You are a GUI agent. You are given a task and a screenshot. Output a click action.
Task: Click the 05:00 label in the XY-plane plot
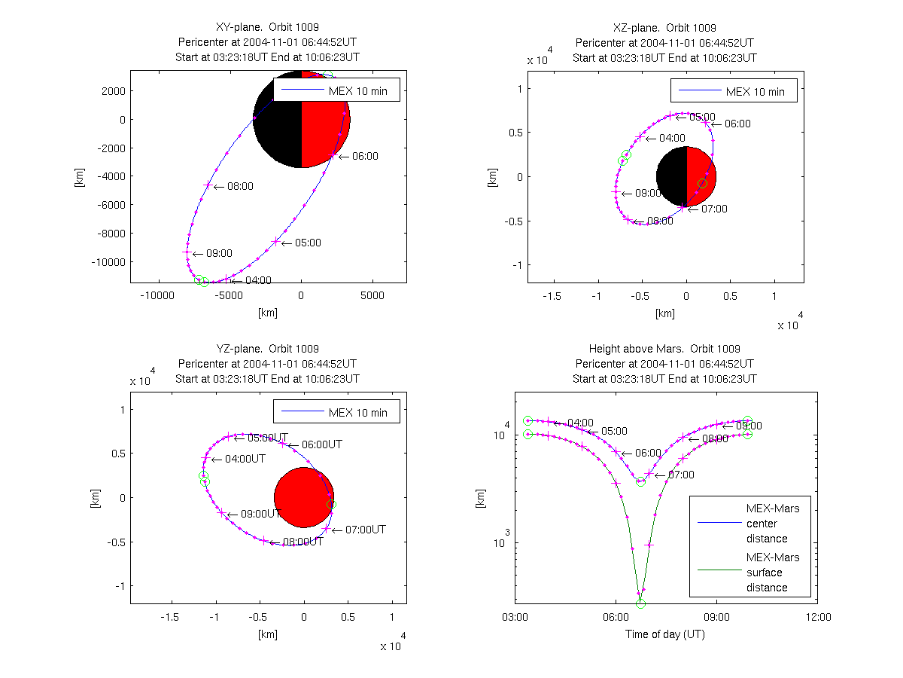[x=308, y=243]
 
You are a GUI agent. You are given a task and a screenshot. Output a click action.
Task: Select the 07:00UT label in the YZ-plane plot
[x=365, y=530]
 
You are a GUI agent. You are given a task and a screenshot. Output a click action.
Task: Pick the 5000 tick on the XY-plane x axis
[x=372, y=296]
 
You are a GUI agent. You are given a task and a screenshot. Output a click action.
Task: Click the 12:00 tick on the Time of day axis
[x=817, y=618]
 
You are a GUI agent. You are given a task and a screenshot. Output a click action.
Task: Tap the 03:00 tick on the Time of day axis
[x=515, y=618]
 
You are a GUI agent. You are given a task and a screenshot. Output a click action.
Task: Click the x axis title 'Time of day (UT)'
[x=665, y=634]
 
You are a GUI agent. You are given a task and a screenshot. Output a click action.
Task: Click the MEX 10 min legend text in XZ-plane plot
[x=755, y=92]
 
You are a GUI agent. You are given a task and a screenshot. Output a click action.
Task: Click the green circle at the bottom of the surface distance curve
[x=640, y=603]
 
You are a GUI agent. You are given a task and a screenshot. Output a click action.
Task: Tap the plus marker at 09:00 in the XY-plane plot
[x=187, y=253]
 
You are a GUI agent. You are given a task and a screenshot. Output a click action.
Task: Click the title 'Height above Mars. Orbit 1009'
[x=664, y=349]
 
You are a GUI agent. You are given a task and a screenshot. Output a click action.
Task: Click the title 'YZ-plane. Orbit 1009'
[x=268, y=349]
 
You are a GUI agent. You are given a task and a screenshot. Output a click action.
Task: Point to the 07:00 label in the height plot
[x=680, y=475]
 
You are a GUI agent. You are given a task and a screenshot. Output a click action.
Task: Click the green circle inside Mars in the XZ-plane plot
[x=702, y=184]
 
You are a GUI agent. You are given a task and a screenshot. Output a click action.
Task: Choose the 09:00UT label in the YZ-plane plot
[x=260, y=514]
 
